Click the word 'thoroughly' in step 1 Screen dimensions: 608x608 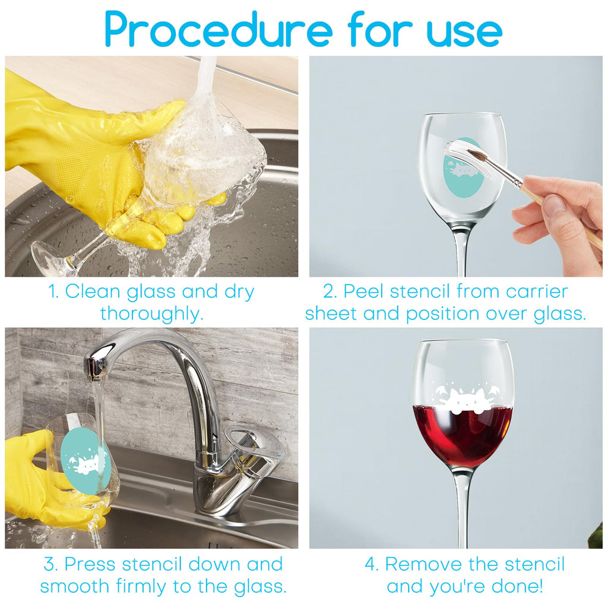(x=151, y=314)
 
